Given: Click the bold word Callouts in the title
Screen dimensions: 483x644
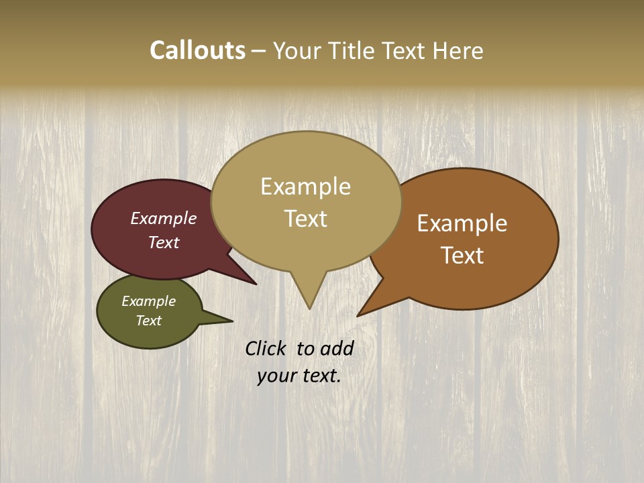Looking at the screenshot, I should point(197,50).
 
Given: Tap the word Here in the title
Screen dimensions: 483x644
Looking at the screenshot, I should point(458,51).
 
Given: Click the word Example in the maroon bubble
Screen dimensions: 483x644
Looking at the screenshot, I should point(164,219).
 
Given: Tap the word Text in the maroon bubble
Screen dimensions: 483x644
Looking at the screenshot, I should point(164,243).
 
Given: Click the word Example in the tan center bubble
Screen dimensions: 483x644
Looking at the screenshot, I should point(305,186).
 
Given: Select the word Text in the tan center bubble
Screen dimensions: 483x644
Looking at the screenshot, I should point(305,219).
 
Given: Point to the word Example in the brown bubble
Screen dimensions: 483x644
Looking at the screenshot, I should point(462,223).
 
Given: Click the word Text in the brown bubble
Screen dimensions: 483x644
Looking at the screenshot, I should point(462,256).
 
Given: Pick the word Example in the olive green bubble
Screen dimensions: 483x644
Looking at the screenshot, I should point(148,302).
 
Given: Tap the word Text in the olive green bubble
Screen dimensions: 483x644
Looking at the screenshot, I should point(148,321).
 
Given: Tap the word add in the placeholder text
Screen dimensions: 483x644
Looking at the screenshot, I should point(337,348).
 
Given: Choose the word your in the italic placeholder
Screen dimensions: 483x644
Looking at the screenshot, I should point(276,376).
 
